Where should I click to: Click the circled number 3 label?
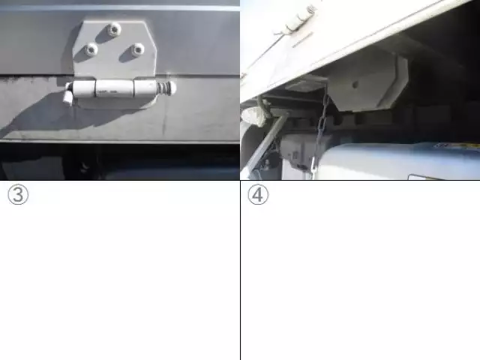[x=18, y=195]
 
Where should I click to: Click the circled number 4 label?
[x=258, y=195]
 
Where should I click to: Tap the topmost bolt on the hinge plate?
[x=114, y=29]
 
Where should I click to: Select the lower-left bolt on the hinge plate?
[x=91, y=49]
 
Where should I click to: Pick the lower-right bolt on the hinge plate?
[x=138, y=49]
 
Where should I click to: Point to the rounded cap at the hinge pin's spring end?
[x=172, y=87]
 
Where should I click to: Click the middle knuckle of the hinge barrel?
[x=115, y=88]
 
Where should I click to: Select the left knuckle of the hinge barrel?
[x=84, y=89]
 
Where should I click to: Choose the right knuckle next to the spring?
[x=145, y=88]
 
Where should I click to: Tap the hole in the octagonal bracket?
[x=355, y=83]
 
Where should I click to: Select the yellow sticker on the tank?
[x=458, y=145]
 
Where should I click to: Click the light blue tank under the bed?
[x=398, y=160]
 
